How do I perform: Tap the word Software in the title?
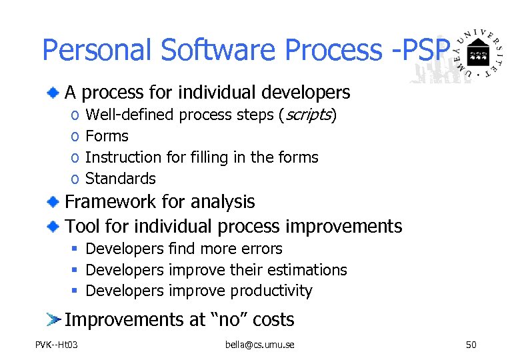(x=213, y=50)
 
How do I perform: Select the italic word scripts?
(x=307, y=115)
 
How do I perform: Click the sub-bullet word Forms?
(x=107, y=136)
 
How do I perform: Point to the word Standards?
(x=121, y=179)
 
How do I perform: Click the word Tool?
(x=81, y=227)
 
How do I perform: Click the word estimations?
(x=308, y=270)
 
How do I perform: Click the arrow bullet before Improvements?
(x=53, y=319)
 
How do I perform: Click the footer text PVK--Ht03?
(x=57, y=345)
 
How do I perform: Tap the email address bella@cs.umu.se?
(x=260, y=345)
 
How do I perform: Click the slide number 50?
(x=471, y=345)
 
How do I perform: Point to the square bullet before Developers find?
(x=76, y=249)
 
